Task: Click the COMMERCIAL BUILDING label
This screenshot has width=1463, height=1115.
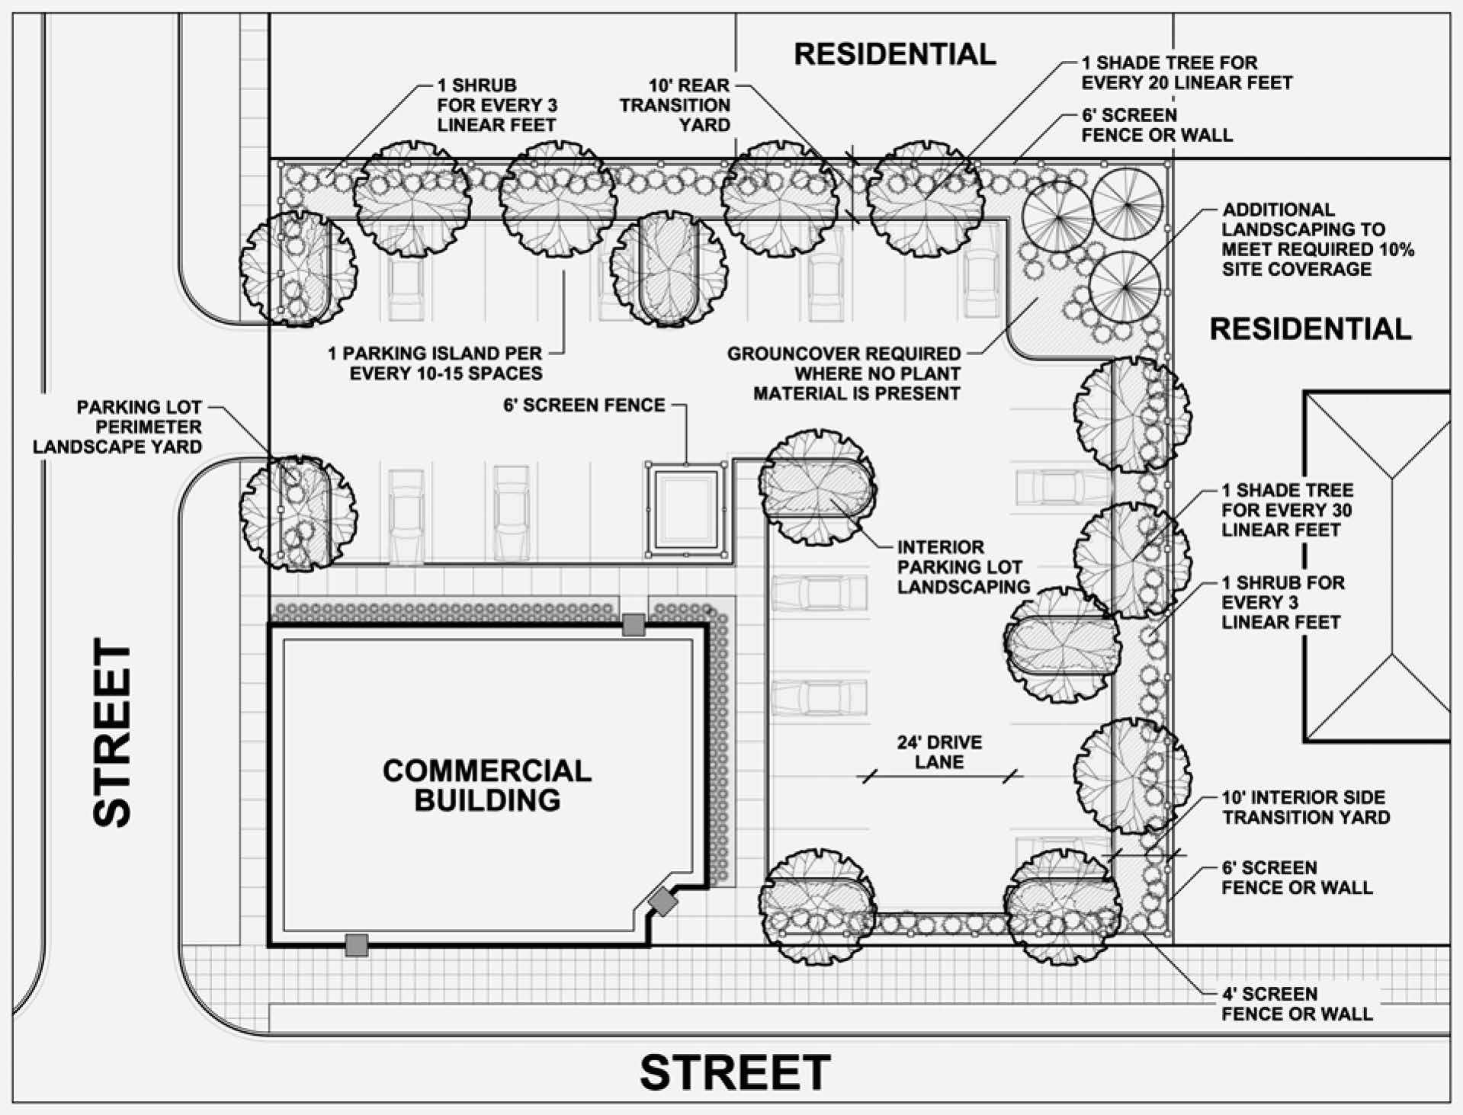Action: pos(486,785)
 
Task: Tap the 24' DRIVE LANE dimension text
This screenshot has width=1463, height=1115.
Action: pos(939,752)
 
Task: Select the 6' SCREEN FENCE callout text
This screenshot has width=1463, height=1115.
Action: pos(584,405)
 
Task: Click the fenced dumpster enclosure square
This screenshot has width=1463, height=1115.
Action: pos(686,508)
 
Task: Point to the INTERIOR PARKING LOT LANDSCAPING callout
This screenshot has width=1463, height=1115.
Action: pos(963,567)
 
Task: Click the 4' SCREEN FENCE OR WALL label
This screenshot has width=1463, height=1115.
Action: pos(1296,1004)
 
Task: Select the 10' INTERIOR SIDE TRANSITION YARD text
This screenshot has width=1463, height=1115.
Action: pos(1305,807)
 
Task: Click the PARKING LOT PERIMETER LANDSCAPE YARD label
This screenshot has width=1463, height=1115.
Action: pos(117,427)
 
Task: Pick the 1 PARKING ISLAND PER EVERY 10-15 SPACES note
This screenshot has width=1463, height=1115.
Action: pos(435,364)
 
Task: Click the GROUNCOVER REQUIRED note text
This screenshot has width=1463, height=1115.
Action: pos(844,373)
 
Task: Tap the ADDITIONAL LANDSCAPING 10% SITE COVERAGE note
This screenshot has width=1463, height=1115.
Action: pos(1317,239)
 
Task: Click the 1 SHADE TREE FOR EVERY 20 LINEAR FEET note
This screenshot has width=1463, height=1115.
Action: pos(1186,72)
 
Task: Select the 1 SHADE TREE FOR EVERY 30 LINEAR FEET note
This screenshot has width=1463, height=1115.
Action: pos(1287,510)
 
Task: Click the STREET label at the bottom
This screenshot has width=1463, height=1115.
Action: pos(735,1072)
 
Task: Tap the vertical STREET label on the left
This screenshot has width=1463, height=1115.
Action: pos(112,732)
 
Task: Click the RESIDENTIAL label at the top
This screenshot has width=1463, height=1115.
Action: pos(895,54)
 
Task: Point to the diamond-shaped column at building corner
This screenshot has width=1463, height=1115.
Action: pos(663,902)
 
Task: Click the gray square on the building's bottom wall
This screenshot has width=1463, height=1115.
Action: pos(356,945)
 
